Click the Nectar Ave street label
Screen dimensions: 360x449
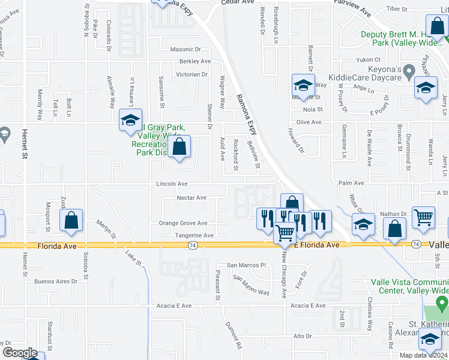click(191, 197)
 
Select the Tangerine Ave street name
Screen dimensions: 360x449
click(190, 236)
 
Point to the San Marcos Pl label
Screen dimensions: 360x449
click(246, 265)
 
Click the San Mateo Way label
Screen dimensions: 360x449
click(252, 284)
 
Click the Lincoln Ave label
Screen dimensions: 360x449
click(172, 184)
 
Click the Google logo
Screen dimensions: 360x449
click(20, 353)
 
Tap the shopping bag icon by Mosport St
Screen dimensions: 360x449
click(71, 220)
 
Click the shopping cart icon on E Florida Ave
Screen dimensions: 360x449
click(286, 232)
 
